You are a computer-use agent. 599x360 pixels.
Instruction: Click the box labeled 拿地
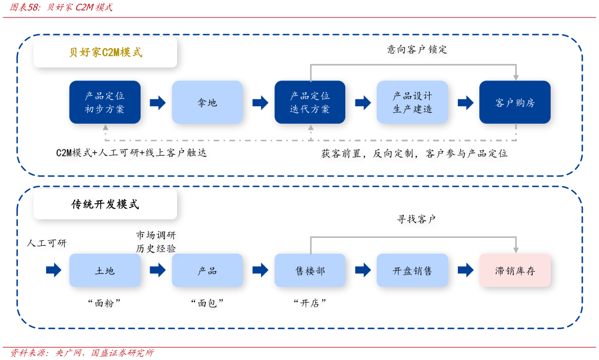[x=207, y=102]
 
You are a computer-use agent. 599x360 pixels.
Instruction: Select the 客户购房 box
[x=515, y=102]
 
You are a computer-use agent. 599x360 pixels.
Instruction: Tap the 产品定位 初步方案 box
[x=105, y=102]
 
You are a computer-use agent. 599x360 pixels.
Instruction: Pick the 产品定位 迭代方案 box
[x=310, y=102]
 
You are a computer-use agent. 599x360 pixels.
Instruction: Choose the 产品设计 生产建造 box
[x=412, y=102]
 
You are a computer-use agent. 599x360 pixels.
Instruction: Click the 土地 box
[x=105, y=271]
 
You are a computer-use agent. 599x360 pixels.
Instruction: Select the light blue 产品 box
[x=207, y=271]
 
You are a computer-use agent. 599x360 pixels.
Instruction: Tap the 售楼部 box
[x=310, y=271]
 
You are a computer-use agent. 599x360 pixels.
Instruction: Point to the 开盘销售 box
[x=412, y=271]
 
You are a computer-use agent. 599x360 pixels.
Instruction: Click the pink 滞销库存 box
[x=515, y=271]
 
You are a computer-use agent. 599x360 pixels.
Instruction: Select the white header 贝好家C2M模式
[x=105, y=52]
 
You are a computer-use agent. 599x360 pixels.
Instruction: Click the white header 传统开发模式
[x=105, y=204]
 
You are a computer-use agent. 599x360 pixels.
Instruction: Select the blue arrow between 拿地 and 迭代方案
[x=260, y=102]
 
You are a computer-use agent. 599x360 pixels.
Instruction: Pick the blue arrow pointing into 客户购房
[x=466, y=102]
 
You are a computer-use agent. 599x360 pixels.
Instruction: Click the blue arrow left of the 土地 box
[x=53, y=270]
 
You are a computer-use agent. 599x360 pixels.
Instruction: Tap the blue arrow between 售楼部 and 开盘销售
[x=363, y=270]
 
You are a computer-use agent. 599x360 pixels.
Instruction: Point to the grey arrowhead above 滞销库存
[x=516, y=250]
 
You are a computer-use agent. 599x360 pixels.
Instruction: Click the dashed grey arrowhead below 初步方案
[x=105, y=128]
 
